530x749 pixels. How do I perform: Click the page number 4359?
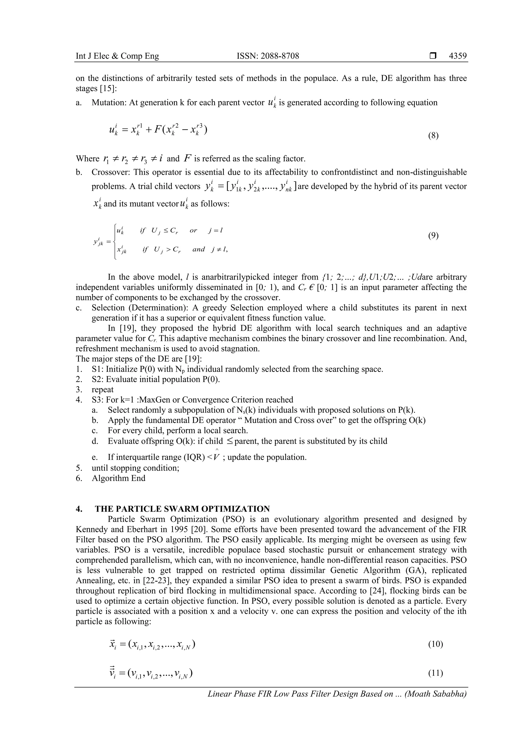click(458, 56)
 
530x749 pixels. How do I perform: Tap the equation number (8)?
click(433, 136)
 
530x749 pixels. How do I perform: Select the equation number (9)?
click(433, 236)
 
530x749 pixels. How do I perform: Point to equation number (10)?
click(435, 644)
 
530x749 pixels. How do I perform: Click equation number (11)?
click(435, 673)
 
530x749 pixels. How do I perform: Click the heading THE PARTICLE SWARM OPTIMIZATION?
click(182, 509)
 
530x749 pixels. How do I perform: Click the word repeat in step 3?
click(102, 390)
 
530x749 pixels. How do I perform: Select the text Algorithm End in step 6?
click(119, 478)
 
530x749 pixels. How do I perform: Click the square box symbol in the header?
click(433, 56)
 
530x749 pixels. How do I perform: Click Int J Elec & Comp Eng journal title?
click(117, 56)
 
